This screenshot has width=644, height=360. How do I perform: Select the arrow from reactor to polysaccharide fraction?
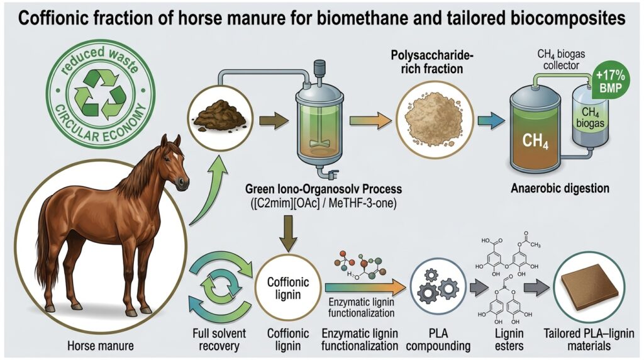click(x=370, y=120)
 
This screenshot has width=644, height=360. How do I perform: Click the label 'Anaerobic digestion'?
click(x=560, y=189)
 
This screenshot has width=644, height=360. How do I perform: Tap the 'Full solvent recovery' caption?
click(x=219, y=339)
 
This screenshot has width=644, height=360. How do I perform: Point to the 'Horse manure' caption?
click(x=101, y=346)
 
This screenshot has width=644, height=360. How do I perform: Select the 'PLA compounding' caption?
click(x=438, y=339)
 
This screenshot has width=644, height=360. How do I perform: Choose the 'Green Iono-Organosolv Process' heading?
click(x=323, y=189)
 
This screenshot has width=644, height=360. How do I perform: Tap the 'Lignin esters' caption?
click(x=509, y=339)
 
